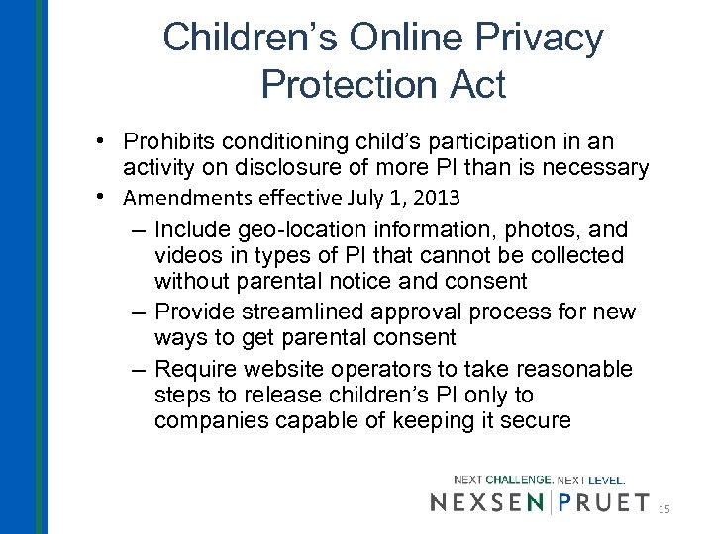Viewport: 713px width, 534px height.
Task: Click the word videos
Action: click(x=188, y=255)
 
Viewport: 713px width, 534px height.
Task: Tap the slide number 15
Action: click(x=664, y=508)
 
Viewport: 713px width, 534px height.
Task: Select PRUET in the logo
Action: click(x=604, y=502)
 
